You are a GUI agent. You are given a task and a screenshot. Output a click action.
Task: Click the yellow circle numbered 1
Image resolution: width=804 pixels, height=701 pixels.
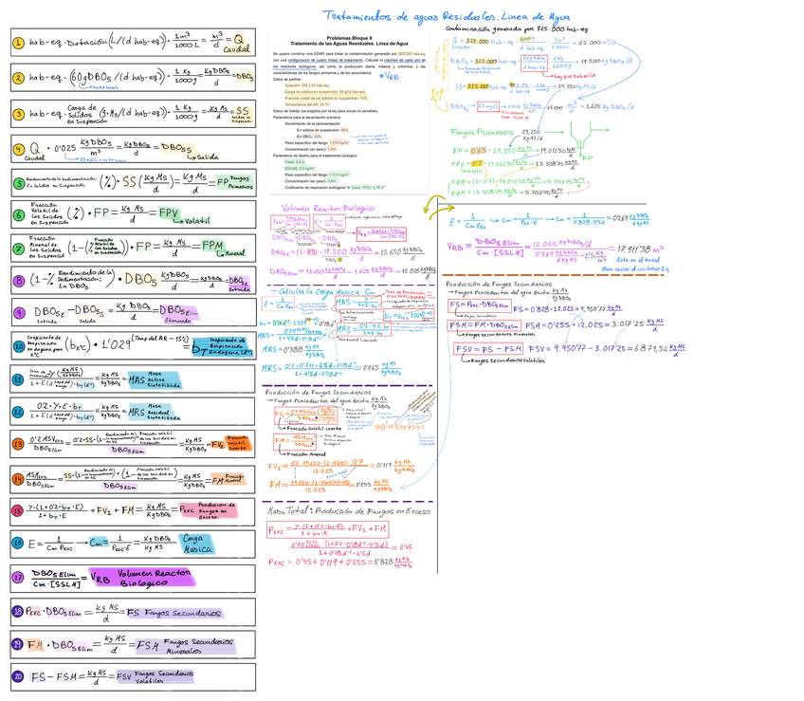(x=19, y=43)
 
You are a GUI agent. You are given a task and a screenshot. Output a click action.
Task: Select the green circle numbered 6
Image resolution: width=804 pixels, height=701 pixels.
(x=19, y=215)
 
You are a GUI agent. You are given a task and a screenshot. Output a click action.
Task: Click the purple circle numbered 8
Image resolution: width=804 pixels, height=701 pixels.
(x=19, y=281)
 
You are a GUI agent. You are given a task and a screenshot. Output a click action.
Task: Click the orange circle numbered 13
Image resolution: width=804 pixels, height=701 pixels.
(x=19, y=443)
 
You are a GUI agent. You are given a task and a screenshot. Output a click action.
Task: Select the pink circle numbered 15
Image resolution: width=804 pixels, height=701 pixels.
(x=19, y=510)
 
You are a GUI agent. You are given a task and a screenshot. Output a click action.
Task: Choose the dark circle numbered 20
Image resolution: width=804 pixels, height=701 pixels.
(x=19, y=675)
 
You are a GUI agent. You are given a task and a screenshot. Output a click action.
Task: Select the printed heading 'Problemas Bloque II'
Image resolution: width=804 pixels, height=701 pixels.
(x=346, y=39)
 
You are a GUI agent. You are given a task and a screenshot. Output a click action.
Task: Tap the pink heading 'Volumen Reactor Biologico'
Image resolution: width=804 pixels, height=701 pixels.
(x=328, y=208)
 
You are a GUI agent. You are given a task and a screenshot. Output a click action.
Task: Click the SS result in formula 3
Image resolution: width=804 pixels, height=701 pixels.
(x=242, y=111)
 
